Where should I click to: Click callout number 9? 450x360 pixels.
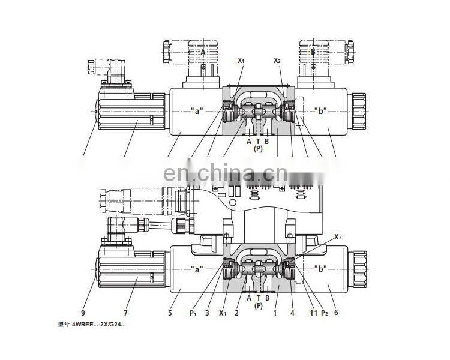point(83,313)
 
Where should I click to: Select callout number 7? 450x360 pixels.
point(126,313)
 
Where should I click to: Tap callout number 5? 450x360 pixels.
point(170,313)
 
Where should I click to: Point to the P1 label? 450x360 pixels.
point(193,313)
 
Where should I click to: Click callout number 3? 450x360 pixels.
point(207,313)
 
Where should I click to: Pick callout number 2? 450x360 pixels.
point(237,313)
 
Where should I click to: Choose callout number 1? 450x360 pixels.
point(275,313)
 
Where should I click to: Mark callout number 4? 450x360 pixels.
point(292,313)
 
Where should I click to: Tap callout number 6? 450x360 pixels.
point(335,313)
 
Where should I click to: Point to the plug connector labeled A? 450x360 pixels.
point(203,53)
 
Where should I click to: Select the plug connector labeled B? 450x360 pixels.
point(313,53)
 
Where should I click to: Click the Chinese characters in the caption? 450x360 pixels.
point(64,325)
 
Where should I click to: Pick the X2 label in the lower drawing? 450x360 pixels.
point(338,236)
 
